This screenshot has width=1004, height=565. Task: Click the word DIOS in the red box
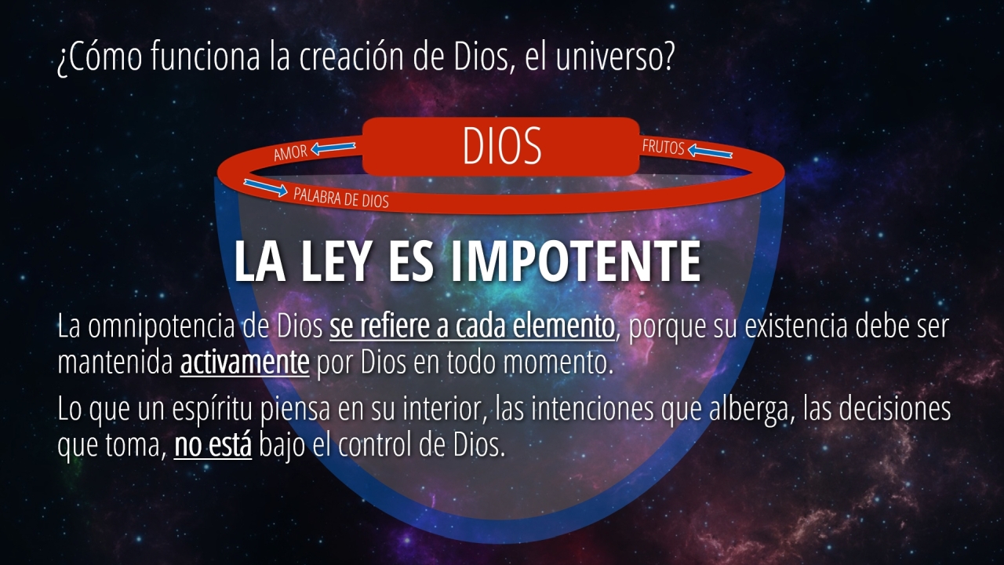point(502,145)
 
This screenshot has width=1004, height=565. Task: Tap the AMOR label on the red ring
point(290,153)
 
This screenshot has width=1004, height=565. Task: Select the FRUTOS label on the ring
point(664,147)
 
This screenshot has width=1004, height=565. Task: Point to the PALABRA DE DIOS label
point(340,198)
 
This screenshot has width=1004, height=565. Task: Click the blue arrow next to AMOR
point(333,148)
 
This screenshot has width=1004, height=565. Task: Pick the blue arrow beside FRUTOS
point(710,151)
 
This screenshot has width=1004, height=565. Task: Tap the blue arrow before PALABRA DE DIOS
point(265,188)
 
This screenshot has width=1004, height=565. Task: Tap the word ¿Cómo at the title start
point(100,56)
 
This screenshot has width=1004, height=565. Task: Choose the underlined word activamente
point(245,363)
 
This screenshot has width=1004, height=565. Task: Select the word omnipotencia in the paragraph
point(162,327)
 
